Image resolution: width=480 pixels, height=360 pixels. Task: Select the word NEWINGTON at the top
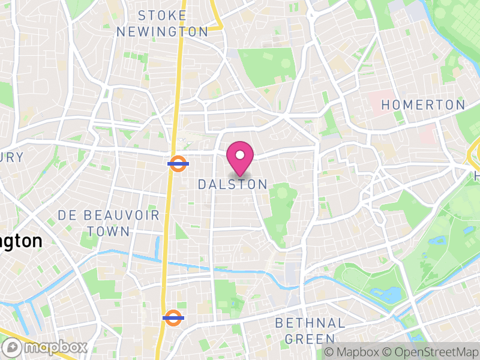(162, 32)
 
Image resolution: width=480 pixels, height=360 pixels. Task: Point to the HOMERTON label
(424, 105)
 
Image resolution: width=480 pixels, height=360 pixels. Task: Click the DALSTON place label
(232, 185)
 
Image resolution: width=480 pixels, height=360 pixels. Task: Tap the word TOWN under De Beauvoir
(108, 231)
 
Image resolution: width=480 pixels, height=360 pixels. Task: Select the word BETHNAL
(310, 323)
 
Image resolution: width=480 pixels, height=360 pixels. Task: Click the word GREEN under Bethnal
(310, 339)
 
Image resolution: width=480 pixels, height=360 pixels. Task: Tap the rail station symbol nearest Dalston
(178, 163)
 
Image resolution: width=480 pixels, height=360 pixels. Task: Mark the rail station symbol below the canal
(173, 318)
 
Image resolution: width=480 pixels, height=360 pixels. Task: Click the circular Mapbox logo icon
(13, 347)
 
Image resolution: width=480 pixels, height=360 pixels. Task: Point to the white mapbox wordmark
(55, 347)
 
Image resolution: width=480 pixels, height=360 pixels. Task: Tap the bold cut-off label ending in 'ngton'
(20, 241)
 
